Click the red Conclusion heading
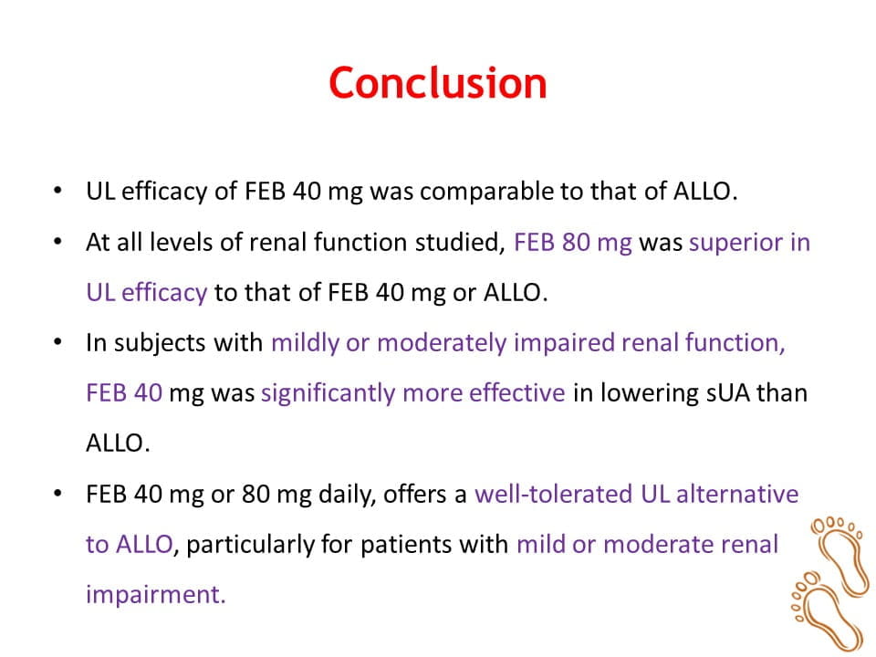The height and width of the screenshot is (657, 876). click(x=437, y=83)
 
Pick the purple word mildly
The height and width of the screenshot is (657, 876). click(x=305, y=344)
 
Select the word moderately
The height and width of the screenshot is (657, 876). click(x=442, y=344)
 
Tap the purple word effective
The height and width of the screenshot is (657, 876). click(x=516, y=392)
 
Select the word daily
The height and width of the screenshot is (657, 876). click(x=347, y=495)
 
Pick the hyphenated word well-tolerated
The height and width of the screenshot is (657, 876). click(x=554, y=495)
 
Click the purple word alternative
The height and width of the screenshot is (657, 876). click(x=737, y=495)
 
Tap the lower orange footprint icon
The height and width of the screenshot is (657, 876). click(x=825, y=610)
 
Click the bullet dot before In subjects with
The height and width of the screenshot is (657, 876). click(x=58, y=342)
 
